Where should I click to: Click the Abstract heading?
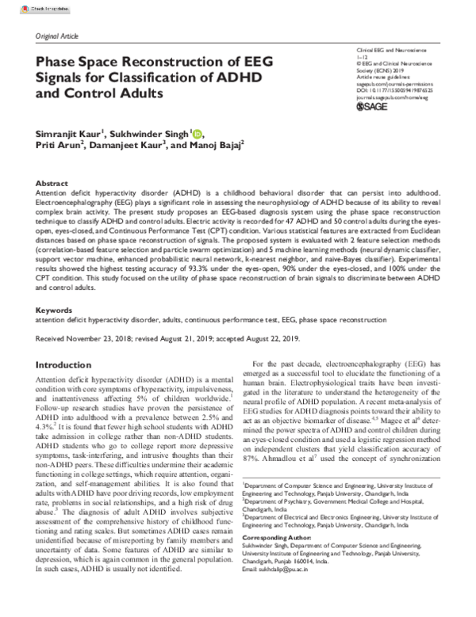coord(52,182)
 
